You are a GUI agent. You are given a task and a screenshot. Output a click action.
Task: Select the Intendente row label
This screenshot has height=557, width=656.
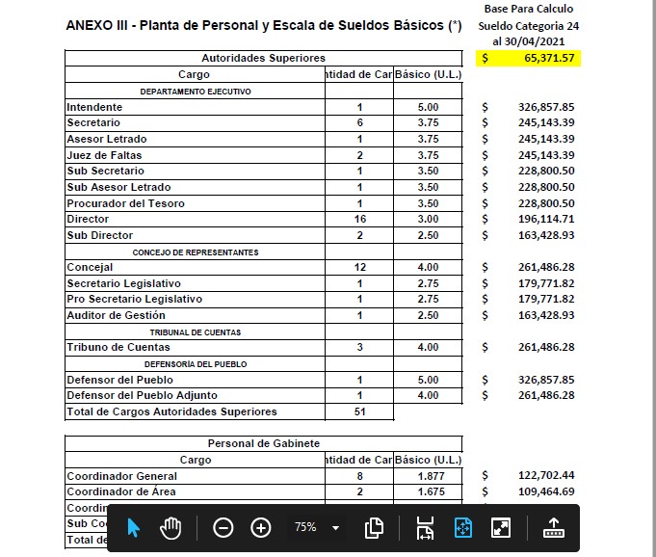(94, 107)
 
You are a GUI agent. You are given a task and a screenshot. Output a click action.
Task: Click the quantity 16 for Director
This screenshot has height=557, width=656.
(359, 220)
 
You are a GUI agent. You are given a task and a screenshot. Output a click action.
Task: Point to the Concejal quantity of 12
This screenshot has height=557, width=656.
(359, 267)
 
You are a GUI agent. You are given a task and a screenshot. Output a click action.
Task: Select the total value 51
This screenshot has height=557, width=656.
(359, 411)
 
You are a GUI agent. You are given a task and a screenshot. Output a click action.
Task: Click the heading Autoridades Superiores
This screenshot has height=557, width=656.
(263, 59)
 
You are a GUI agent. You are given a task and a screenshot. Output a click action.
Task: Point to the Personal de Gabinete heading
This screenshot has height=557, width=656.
(263, 444)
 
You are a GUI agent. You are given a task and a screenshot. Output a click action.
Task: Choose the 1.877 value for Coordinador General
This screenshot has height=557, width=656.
(429, 476)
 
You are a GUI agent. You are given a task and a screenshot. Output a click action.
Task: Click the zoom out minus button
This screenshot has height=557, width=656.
(223, 528)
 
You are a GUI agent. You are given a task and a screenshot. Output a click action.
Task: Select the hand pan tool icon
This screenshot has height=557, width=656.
(171, 528)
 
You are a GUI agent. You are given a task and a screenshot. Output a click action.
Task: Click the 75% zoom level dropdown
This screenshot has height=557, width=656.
(317, 528)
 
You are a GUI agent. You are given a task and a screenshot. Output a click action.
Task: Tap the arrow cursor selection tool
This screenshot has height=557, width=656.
(134, 528)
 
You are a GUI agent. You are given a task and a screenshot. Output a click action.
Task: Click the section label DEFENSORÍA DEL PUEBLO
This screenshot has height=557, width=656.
(196, 364)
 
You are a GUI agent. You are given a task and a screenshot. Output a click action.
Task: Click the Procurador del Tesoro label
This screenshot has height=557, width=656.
(125, 203)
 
